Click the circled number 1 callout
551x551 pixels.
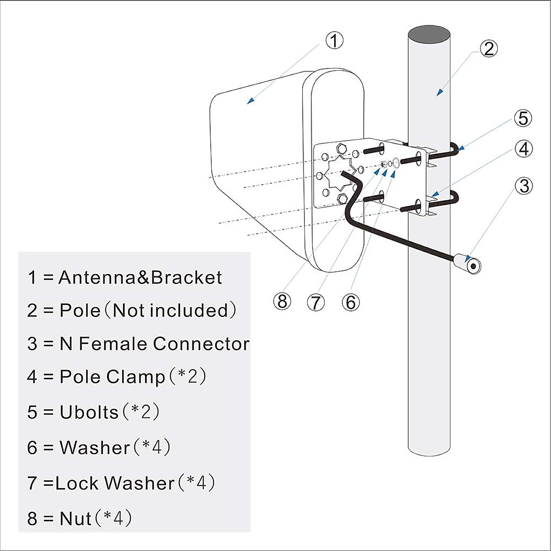click(334, 40)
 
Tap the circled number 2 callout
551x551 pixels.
click(489, 49)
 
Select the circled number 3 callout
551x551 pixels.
click(523, 186)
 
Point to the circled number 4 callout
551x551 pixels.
click(523, 149)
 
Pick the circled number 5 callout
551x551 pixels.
click(523, 118)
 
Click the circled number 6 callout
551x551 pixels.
click(350, 302)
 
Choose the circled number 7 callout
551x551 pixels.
click(316, 303)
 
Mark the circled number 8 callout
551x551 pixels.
click(282, 302)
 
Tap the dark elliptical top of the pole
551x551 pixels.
click(429, 34)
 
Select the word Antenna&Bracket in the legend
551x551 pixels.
click(140, 278)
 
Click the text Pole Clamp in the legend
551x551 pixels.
click(112, 377)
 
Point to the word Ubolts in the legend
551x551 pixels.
click(89, 412)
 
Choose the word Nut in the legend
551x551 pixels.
click(75, 518)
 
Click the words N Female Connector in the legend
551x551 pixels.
click(154, 344)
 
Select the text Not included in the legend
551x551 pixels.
click(170, 311)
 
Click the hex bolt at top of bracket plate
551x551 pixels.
click(341, 148)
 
